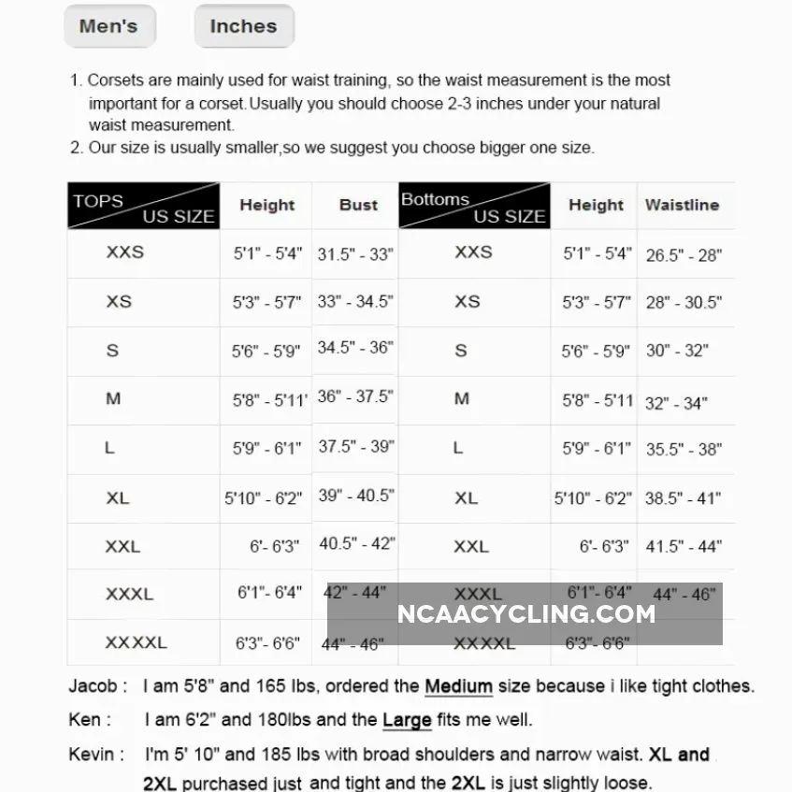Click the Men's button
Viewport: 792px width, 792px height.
[x=108, y=26]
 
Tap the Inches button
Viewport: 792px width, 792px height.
[x=243, y=26]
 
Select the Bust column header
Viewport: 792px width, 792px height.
[x=358, y=205]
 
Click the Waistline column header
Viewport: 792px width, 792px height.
[x=682, y=205]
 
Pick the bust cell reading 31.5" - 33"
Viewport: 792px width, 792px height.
[x=355, y=253]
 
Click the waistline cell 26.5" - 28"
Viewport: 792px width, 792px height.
[x=684, y=254]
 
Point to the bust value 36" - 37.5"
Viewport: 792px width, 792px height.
[x=355, y=396]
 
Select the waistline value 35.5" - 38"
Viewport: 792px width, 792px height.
[x=684, y=449]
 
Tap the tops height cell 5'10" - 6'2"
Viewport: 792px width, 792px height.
[x=263, y=498]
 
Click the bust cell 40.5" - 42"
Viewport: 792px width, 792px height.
[x=356, y=543]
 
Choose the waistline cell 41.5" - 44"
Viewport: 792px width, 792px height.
[x=684, y=547]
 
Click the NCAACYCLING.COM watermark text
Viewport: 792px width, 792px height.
[x=526, y=614]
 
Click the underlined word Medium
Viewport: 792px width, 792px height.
[x=458, y=686]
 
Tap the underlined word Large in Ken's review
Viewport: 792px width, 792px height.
[x=407, y=720]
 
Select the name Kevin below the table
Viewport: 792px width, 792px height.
[x=92, y=754]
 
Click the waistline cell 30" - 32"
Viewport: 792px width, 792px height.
[x=677, y=351]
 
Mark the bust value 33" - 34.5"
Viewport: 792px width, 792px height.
[x=355, y=302]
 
